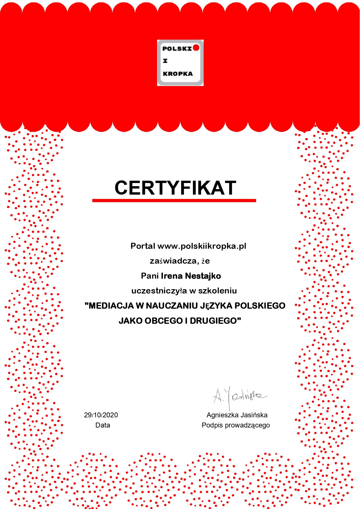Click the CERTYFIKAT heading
[x=175, y=188]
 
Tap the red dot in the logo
[x=196, y=47]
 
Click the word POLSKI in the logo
[x=177, y=48]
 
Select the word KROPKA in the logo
[x=178, y=74]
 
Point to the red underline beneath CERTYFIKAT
[x=174, y=200]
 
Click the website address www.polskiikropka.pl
[x=202, y=246]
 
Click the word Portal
[x=143, y=246]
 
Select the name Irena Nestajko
[x=191, y=276]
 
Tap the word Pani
[x=150, y=276]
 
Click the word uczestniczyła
[x=159, y=291]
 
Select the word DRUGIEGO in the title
[x=215, y=321]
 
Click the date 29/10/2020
[x=101, y=415]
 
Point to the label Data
[x=103, y=425]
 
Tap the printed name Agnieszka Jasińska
[x=237, y=415]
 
